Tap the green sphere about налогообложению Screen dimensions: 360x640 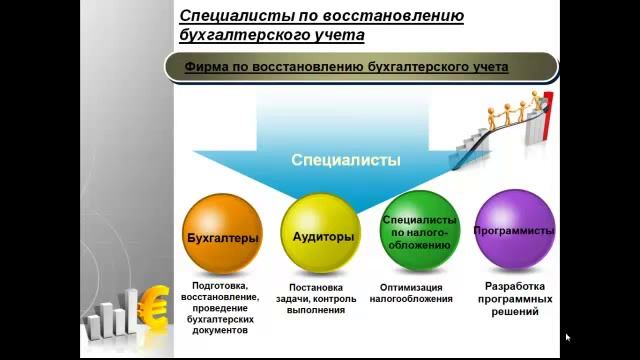coord(419,232)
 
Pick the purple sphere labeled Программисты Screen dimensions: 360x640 coord(514,232)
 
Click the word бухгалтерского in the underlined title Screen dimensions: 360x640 coord(246,35)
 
